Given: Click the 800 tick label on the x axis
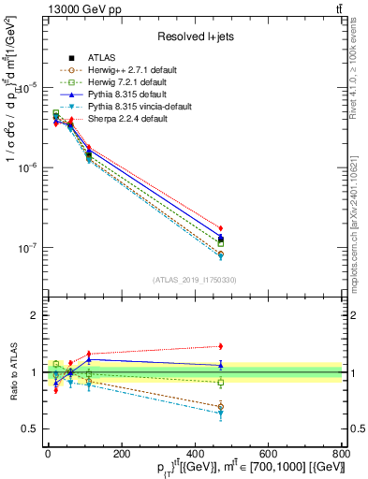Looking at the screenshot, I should (341, 454).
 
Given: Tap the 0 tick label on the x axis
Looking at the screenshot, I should (48, 454).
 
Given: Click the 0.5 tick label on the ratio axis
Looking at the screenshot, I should (28, 428).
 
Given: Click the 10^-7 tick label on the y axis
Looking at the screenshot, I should (25, 249).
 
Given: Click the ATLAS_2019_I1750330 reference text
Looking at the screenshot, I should (194, 279).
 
